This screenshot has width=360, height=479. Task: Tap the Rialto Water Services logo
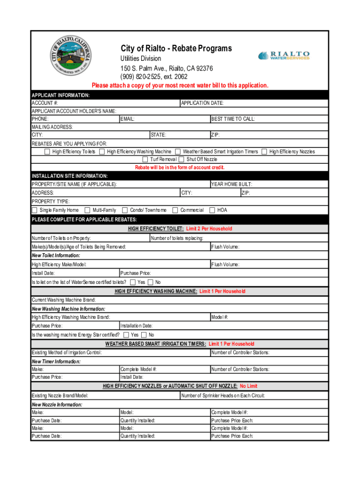[284, 56]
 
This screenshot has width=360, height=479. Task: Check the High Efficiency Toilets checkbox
[47, 152]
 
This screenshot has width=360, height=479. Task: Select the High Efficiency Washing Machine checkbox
[102, 152]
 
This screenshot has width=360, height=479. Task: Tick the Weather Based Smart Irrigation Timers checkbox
[178, 152]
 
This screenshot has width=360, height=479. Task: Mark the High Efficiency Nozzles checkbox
[264, 152]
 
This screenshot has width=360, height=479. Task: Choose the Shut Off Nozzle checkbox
[181, 160]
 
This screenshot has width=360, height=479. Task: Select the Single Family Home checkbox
[35, 210]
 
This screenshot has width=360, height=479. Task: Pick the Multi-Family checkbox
[87, 210]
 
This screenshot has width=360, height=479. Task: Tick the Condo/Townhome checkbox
[125, 210]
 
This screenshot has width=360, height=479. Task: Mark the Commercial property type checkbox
[175, 210]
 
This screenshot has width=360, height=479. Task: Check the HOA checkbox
[212, 210]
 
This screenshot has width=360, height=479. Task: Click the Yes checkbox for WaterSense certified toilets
[133, 282]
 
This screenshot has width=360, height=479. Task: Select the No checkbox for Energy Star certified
[151, 335]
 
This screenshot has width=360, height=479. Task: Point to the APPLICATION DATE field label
[202, 103]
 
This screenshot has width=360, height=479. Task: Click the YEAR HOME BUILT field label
[232, 184]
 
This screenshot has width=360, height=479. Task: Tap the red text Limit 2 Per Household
[209, 229]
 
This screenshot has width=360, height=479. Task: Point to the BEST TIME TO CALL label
[233, 119]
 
